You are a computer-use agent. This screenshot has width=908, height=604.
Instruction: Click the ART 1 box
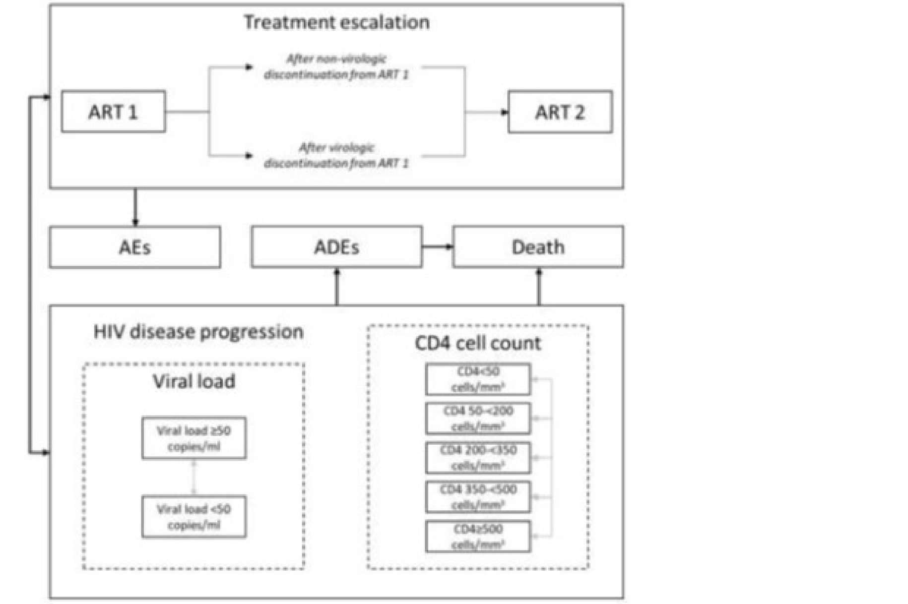pyautogui.click(x=113, y=112)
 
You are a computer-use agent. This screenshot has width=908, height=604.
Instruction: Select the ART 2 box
pyautogui.click(x=560, y=112)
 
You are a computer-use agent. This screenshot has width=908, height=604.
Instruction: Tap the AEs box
pyautogui.click(x=134, y=247)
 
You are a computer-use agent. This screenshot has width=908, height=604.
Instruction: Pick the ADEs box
pyautogui.click(x=336, y=247)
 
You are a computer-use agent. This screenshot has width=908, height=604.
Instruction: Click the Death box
pyautogui.click(x=538, y=247)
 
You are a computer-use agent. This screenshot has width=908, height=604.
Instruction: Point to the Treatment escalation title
pyautogui.click(x=336, y=22)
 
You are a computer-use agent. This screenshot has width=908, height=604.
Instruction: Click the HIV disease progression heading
pyautogui.click(x=198, y=331)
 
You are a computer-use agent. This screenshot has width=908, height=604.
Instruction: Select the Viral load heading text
pyautogui.click(x=194, y=381)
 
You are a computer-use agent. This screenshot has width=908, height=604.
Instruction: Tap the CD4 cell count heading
pyautogui.click(x=477, y=343)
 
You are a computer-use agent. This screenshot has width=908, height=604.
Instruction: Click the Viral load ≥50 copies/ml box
pyautogui.click(x=194, y=438)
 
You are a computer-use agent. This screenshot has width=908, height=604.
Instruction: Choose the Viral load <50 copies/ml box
pyautogui.click(x=194, y=516)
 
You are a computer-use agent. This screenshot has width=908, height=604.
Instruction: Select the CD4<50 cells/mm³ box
pyautogui.click(x=477, y=379)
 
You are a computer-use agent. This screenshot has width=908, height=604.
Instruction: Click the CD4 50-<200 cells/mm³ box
pyautogui.click(x=477, y=418)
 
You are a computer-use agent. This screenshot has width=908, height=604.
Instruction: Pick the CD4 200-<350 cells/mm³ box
pyautogui.click(x=477, y=457)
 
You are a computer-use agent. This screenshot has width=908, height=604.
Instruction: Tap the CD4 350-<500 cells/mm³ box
pyautogui.click(x=477, y=496)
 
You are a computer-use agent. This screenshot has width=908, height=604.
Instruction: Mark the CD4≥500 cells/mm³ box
pyautogui.click(x=477, y=536)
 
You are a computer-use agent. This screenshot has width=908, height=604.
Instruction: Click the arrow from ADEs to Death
pyautogui.click(x=437, y=246)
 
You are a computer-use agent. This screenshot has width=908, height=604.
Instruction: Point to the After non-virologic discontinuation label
pyautogui.click(x=336, y=67)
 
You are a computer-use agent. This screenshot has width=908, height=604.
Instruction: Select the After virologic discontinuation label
pyautogui.click(x=336, y=155)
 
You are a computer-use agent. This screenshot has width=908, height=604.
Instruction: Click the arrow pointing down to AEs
pyautogui.click(x=135, y=207)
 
